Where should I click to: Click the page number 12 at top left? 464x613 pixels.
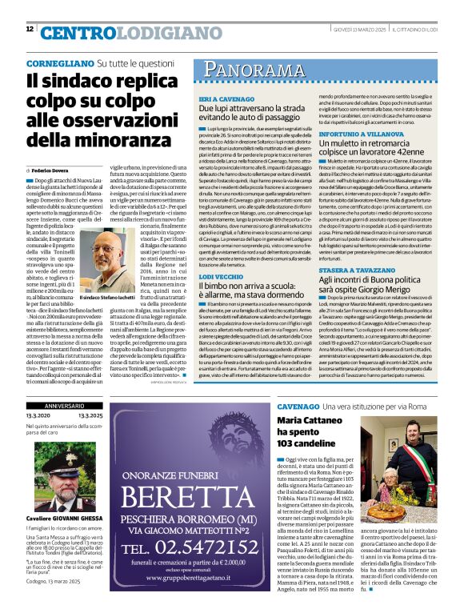click(x=30, y=30)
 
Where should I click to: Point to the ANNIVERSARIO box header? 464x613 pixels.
click(x=63, y=428)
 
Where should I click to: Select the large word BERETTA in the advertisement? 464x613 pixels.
click(x=190, y=486)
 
